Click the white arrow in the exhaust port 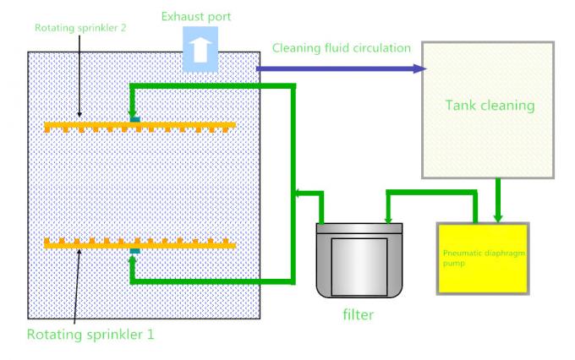pyautogui.click(x=200, y=51)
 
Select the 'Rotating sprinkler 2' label pyautogui.click(x=80, y=26)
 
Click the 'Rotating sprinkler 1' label pyautogui.click(x=90, y=334)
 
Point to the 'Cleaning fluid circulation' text pyautogui.click(x=342, y=47)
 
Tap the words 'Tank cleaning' pyautogui.click(x=490, y=106)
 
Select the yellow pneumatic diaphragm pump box pyautogui.click(x=482, y=258)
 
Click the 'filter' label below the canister pyautogui.click(x=358, y=314)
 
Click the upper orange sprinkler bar pyautogui.click(x=140, y=128)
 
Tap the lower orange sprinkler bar pyautogui.click(x=140, y=243)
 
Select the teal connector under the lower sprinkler pyautogui.click(x=134, y=251)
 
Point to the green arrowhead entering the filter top pyautogui.click(x=387, y=219)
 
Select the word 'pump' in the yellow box pyautogui.click(x=453, y=262)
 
